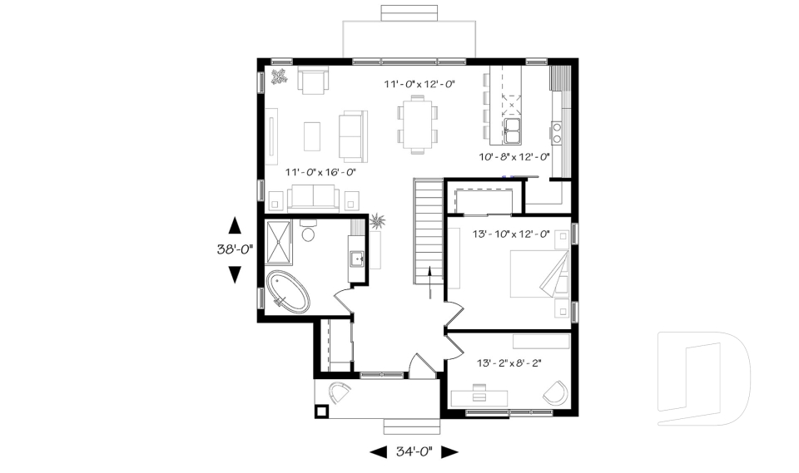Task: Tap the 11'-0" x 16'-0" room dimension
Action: pos(320,172)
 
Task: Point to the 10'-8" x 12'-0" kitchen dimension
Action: pos(514,156)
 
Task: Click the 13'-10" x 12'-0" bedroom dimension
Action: pos(511,234)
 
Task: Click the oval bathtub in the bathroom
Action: pos(288,292)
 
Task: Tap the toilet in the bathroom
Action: pos(308,231)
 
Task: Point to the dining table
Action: pos(416,123)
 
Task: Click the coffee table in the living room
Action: pos(312,135)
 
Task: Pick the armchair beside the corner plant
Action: pos(314,81)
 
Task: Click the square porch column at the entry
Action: pos(321,410)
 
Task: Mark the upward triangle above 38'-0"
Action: pos(235,224)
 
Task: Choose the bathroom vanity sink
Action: pos(359,259)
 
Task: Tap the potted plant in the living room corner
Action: pos(279,77)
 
